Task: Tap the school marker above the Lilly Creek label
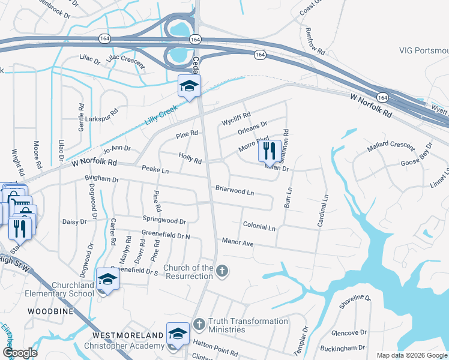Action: point(188,86)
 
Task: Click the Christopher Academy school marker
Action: point(178,334)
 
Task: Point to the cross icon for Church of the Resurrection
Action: point(222,272)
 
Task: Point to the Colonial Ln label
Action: point(259,227)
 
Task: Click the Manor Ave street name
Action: point(238,242)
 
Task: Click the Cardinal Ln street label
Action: point(322,210)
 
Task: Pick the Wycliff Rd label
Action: point(237,116)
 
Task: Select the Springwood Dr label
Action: point(164,221)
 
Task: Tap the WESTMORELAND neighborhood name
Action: point(128,334)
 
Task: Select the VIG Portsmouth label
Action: point(423,50)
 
